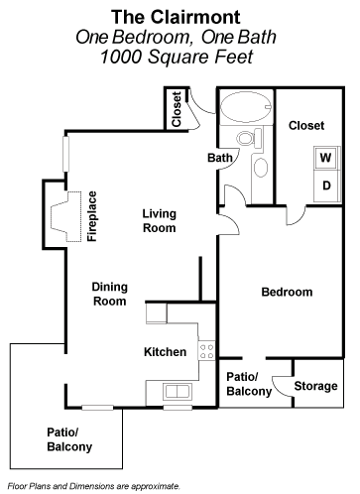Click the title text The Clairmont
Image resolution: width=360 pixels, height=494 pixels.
(x=180, y=16)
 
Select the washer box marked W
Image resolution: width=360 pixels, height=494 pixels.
(x=324, y=157)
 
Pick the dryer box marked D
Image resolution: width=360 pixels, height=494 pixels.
(x=324, y=184)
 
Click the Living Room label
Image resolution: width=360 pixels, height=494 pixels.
(x=159, y=220)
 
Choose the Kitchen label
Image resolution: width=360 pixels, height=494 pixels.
(x=165, y=352)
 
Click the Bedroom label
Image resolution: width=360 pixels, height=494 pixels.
(x=287, y=293)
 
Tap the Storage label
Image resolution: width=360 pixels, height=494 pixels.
(x=317, y=386)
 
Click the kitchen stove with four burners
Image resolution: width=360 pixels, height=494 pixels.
(x=206, y=348)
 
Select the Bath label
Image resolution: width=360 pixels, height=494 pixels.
(x=219, y=158)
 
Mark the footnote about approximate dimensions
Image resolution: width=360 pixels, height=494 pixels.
(x=93, y=486)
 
